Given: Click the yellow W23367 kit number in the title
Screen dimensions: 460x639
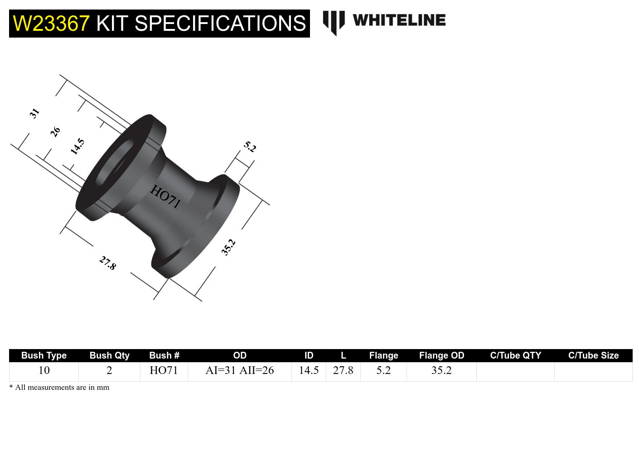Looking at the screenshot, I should pos(51,24).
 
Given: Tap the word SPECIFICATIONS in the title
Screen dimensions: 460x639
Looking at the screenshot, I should pos(220,24).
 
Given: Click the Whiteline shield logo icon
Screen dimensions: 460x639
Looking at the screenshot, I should pos(334,22).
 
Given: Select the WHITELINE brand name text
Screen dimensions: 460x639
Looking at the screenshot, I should pos(399,20).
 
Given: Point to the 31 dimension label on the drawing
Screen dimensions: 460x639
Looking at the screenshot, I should pos(34,113).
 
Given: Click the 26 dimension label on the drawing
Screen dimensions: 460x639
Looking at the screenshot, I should pos(55,132).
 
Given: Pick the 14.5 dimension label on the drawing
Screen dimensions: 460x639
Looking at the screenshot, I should pos(77,147).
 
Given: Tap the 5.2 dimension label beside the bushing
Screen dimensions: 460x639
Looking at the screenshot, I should pos(250,147).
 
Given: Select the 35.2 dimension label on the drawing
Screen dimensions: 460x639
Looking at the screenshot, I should pos(228,247).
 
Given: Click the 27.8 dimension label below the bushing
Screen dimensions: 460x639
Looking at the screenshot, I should pos(108,263).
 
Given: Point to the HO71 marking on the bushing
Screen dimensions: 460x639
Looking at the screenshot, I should pos(165,196).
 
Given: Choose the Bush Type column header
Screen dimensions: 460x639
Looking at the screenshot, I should pos(44,355).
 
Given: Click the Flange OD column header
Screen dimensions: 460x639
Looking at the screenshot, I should pos(441,355).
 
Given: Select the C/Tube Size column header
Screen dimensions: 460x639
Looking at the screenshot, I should pos(593,355).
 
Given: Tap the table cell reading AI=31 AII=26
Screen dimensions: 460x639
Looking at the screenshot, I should pos(240,370).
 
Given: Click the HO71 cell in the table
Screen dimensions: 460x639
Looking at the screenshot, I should pos(164,370).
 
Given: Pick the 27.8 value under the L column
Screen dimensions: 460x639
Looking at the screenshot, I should pos(343,370).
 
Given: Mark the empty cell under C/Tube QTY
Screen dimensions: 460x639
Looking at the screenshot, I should pos(515,371).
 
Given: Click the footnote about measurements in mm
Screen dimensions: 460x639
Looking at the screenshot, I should pos(59,388).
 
